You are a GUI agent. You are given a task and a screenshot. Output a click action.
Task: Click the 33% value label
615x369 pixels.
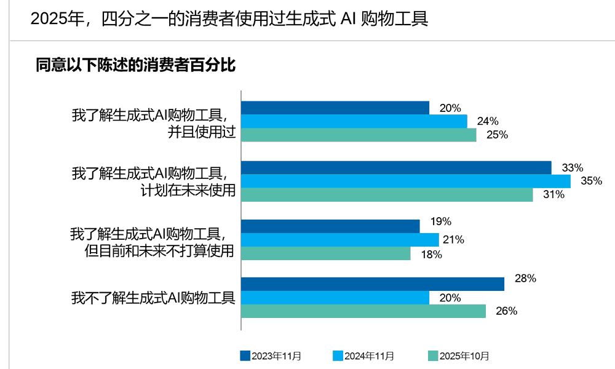(572, 168)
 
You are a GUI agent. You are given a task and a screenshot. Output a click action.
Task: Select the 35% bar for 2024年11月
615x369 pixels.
(405, 181)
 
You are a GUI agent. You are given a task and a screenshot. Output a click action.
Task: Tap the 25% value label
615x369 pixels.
(497, 135)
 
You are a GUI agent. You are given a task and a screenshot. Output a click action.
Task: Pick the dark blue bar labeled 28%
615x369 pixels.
(372, 284)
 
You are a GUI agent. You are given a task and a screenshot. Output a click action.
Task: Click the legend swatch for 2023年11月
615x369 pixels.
(245, 356)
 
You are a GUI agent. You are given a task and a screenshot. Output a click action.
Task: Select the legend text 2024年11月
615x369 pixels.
(369, 356)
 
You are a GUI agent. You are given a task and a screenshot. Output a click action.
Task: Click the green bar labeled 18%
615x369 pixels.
(325, 253)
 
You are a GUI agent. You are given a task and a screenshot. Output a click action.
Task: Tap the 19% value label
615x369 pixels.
(441, 221)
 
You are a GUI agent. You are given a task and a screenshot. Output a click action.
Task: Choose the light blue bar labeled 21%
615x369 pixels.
(339, 240)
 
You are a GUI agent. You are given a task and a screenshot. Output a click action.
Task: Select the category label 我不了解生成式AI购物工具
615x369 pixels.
(153, 298)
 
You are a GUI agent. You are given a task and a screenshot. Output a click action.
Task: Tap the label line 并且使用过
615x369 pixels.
(202, 132)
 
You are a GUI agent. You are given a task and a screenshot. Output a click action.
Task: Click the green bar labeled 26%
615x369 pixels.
(363, 311)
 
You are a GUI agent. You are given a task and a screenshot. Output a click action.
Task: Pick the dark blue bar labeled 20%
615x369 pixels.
(335, 108)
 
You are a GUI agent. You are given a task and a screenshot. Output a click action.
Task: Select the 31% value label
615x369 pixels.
(553, 195)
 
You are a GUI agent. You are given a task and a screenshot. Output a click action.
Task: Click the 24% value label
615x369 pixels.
(488, 122)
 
